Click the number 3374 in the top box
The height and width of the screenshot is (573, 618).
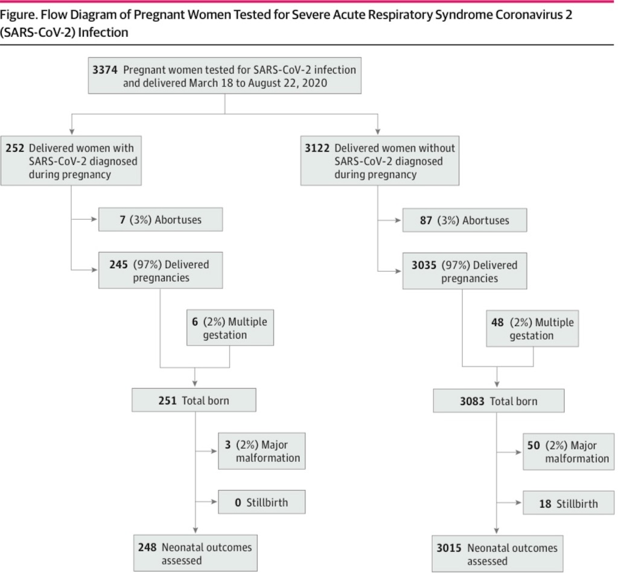click(105, 70)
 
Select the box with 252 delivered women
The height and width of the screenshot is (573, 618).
click(71, 161)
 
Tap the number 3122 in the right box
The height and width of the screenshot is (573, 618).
click(317, 149)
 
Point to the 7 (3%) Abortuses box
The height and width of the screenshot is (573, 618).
click(161, 219)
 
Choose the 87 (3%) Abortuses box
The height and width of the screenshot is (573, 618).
click(465, 220)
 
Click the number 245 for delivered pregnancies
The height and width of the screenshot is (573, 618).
click(119, 264)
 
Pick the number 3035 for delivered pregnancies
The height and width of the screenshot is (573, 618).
click(424, 265)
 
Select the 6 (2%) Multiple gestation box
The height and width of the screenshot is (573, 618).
click(230, 328)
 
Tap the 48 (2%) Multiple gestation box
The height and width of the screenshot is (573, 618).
click(532, 328)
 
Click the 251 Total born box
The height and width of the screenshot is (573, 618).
click(194, 400)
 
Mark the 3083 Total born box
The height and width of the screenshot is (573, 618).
click(499, 401)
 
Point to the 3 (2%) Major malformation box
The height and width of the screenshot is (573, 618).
click(262, 451)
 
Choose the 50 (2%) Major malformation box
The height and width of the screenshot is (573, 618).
click(569, 452)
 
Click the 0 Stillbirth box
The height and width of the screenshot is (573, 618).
click(262, 502)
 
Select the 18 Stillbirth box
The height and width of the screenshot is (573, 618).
click(569, 503)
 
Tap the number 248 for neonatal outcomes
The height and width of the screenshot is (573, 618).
click(147, 548)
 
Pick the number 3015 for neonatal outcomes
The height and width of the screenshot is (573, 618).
click(449, 548)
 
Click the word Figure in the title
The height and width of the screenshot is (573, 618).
click(18, 15)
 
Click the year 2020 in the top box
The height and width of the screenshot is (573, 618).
click(314, 83)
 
